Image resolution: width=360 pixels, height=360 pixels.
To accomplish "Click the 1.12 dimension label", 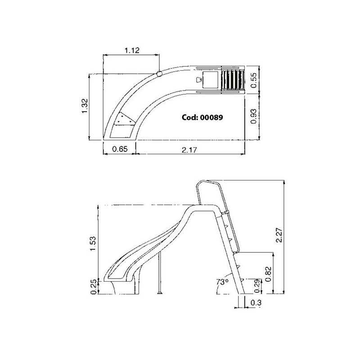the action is (132, 50).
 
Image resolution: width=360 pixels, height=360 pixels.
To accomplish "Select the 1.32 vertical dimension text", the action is (85, 106).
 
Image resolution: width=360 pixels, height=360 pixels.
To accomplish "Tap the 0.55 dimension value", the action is (253, 81).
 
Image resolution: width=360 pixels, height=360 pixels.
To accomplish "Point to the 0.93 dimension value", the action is (253, 117).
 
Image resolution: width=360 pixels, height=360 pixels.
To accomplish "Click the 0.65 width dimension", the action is (120, 149).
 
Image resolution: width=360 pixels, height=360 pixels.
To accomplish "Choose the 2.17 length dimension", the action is (189, 150).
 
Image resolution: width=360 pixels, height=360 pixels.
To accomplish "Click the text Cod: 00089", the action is (202, 117).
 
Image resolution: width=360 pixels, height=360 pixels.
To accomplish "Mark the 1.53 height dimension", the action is (93, 243).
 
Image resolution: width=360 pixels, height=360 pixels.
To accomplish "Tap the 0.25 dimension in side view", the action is (94, 287).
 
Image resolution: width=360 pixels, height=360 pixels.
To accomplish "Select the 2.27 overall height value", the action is (279, 235).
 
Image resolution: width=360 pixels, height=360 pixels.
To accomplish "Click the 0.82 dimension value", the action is (268, 274).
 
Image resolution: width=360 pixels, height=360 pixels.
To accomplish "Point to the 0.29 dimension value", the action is (258, 286).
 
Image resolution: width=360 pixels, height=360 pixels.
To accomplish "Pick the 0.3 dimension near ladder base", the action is (256, 303).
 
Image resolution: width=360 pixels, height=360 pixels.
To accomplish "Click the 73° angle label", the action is (222, 282).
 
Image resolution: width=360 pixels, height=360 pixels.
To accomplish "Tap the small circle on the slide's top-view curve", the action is (159, 74).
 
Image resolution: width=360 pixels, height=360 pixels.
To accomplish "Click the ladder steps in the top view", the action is (233, 80).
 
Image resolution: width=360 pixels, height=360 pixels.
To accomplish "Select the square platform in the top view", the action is (210, 80).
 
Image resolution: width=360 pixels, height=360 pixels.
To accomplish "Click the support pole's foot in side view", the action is (159, 293).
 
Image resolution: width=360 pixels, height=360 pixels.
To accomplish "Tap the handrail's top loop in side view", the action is (209, 181).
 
